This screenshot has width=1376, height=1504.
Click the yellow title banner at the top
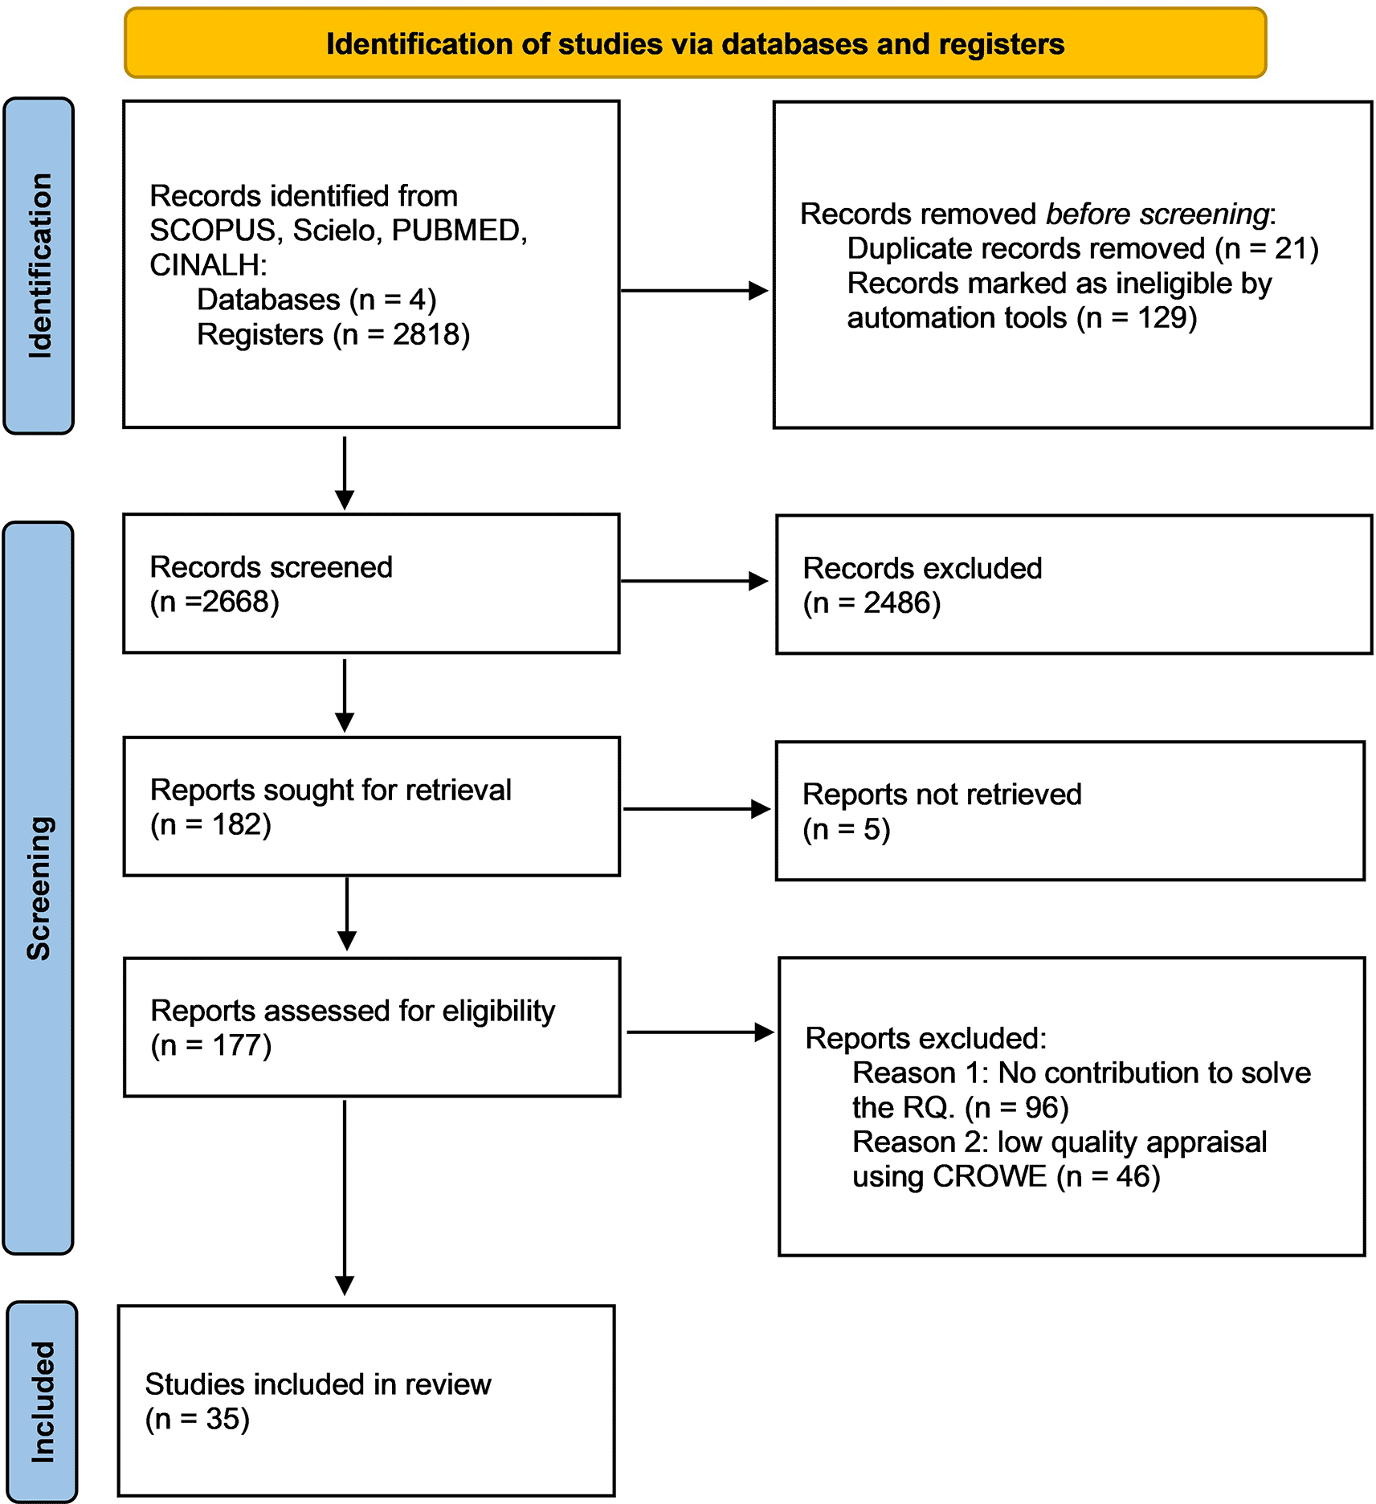(695, 43)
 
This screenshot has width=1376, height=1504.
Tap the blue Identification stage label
(39, 266)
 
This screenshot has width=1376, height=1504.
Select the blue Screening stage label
(39, 888)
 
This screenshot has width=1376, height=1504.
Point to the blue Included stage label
(42, 1402)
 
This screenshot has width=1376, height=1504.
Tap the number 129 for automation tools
(1161, 317)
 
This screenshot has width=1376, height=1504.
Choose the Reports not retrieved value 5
(872, 829)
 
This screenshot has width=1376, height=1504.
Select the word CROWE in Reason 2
(990, 1176)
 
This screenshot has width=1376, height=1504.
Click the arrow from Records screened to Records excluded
(695, 581)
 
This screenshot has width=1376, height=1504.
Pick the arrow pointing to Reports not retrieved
(697, 809)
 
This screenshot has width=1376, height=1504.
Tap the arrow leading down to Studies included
(345, 1197)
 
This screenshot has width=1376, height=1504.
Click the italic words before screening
(1158, 214)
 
